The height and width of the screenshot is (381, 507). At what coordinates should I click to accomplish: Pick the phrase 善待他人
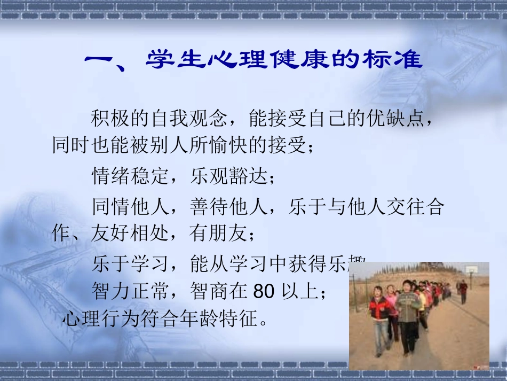(x=229, y=207)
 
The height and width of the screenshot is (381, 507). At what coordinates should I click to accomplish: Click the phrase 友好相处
(x=130, y=233)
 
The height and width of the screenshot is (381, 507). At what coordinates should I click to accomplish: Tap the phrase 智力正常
(x=131, y=291)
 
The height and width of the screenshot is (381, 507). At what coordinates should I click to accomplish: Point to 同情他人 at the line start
(x=131, y=207)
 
